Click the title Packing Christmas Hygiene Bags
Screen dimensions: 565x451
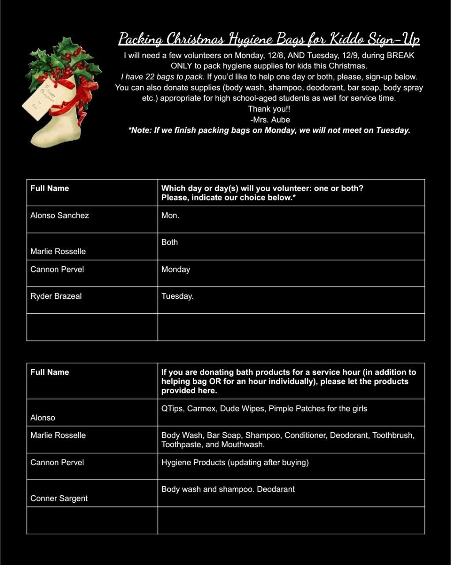(269, 39)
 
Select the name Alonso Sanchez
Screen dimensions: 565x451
(60, 215)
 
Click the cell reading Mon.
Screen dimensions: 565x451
(170, 215)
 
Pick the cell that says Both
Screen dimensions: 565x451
(169, 242)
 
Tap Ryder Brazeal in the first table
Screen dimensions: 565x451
(56, 296)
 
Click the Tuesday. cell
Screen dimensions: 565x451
(177, 296)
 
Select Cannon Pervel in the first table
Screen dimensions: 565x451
(57, 269)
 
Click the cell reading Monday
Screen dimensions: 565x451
(176, 269)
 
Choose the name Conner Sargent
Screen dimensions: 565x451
(59, 498)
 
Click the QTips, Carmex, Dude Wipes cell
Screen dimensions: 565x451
(264, 409)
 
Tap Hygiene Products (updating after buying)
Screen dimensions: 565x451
(235, 463)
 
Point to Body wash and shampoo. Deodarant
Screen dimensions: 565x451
(228, 489)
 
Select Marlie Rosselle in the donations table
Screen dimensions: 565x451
(58, 435)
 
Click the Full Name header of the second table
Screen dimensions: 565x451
(50, 372)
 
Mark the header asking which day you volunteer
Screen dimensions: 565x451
(262, 193)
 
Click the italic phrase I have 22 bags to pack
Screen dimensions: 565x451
(162, 77)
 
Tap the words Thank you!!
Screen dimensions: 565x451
(269, 109)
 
